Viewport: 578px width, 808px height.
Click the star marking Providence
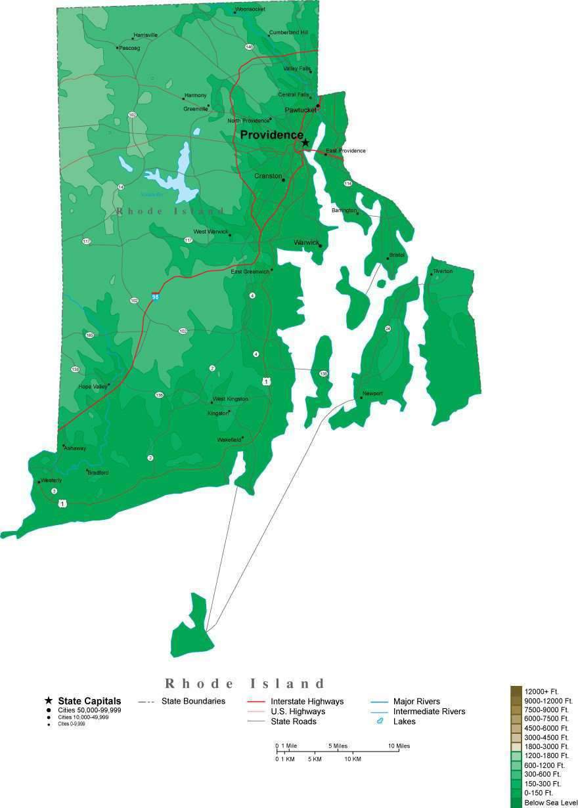pyautogui.click(x=305, y=142)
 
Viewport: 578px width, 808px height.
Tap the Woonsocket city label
pyautogui.click(x=250, y=9)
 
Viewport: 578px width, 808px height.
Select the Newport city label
pyautogui.click(x=372, y=393)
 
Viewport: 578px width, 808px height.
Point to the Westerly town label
pyautogui.click(x=51, y=480)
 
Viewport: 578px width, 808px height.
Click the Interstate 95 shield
pyautogui.click(x=155, y=297)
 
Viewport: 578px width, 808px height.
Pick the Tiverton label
pyautogui.click(x=443, y=271)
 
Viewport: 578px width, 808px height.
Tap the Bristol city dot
pyautogui.click(x=388, y=259)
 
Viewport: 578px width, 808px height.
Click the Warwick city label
pyautogui.click(x=306, y=242)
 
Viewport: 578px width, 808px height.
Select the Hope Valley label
pyautogui.click(x=93, y=387)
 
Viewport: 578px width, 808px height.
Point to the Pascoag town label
pyautogui.click(x=129, y=48)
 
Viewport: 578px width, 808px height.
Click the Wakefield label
pyautogui.click(x=229, y=440)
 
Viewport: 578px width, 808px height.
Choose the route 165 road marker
pyautogui.click(x=90, y=335)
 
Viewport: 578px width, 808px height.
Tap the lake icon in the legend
pyautogui.click(x=379, y=721)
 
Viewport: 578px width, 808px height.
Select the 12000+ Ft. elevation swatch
pyautogui.click(x=516, y=691)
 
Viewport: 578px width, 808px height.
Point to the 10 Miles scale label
pyautogui.click(x=399, y=746)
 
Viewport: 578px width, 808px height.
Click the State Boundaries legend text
pyautogui.click(x=193, y=701)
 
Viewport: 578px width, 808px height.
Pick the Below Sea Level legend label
pyautogui.click(x=550, y=803)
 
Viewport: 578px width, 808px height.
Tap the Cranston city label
pyautogui.click(x=268, y=176)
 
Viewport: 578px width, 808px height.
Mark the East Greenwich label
pyautogui.click(x=250, y=272)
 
